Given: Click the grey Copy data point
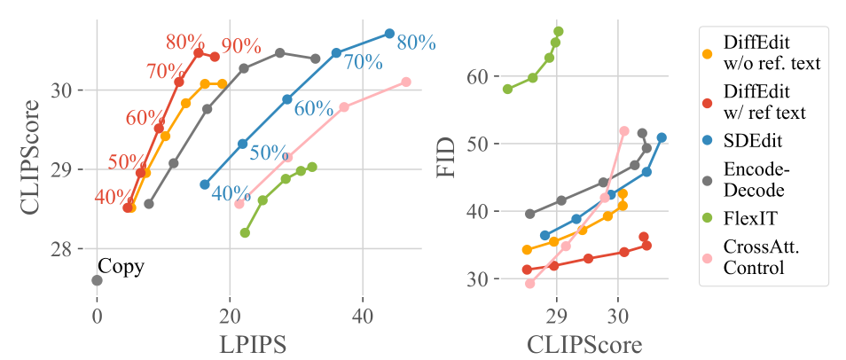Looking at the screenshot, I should tap(97, 280).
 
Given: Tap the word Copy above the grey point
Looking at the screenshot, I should tap(121, 264).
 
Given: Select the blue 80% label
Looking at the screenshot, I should tap(416, 42).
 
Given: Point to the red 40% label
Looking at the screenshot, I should tap(113, 197).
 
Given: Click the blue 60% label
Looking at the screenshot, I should tap(313, 109).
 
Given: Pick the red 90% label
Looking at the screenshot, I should tap(241, 46).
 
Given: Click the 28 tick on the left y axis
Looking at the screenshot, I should tap(74, 249).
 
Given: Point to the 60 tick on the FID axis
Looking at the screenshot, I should tap(479, 76).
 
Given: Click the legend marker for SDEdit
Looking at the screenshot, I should tap(706, 142).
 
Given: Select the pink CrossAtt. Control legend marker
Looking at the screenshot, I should tap(706, 258).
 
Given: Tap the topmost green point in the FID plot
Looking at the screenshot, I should tap(558, 31).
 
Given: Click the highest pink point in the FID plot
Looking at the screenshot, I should tap(623, 130).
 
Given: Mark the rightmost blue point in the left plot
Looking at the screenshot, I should tap(389, 34).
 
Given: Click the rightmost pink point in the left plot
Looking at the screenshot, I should tap(406, 82).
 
